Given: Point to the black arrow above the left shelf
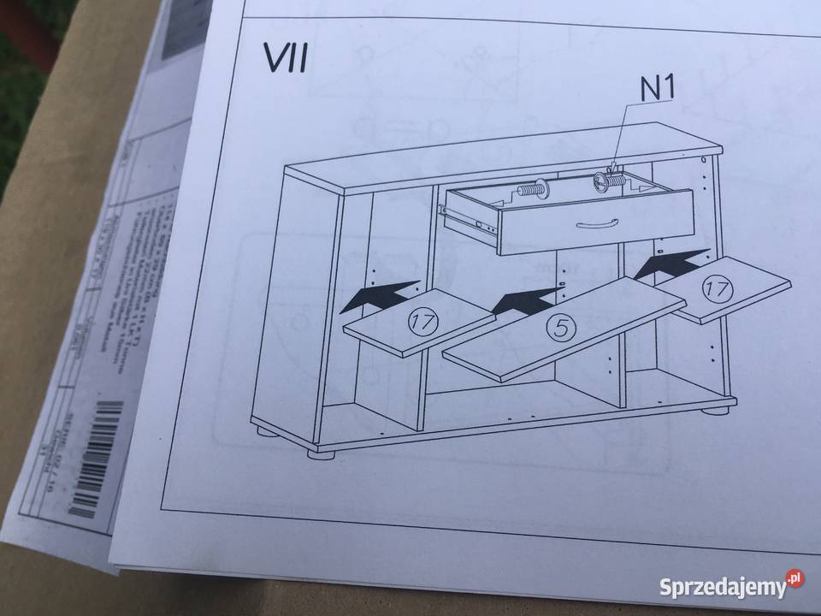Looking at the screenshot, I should pos(382,296).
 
